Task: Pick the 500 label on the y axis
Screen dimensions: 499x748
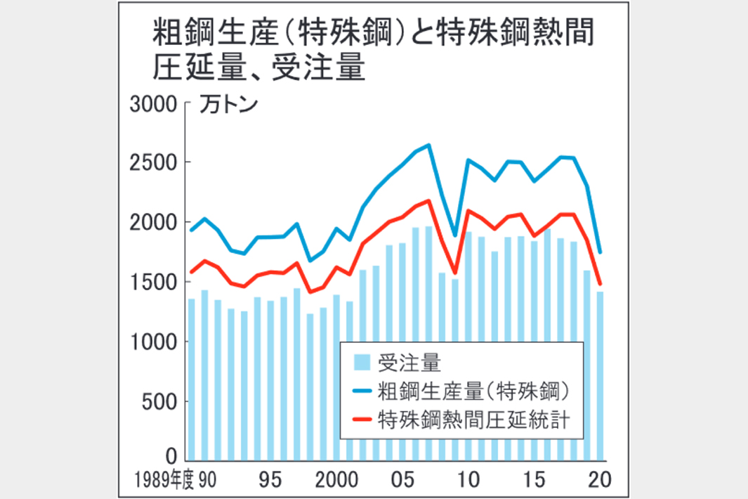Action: [x=157, y=402]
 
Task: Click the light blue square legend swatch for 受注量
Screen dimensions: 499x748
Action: [x=361, y=362]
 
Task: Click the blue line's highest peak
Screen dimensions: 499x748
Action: [x=428, y=145]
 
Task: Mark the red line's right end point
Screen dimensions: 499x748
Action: [x=601, y=285]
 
